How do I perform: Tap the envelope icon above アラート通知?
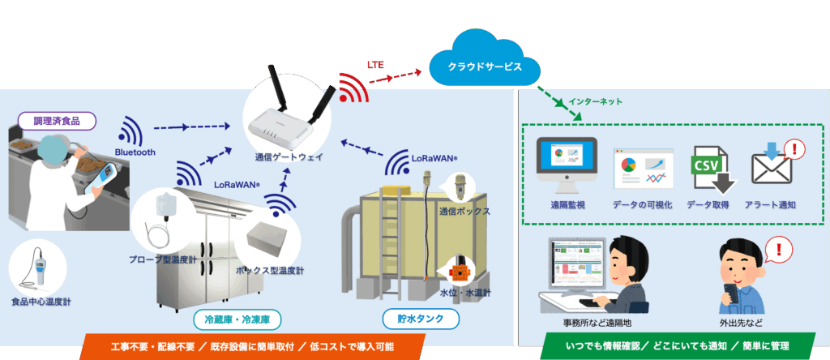771,169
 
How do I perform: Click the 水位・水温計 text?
464,293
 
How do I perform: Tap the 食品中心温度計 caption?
41,302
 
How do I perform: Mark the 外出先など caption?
742,321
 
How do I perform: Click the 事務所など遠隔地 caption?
584,321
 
